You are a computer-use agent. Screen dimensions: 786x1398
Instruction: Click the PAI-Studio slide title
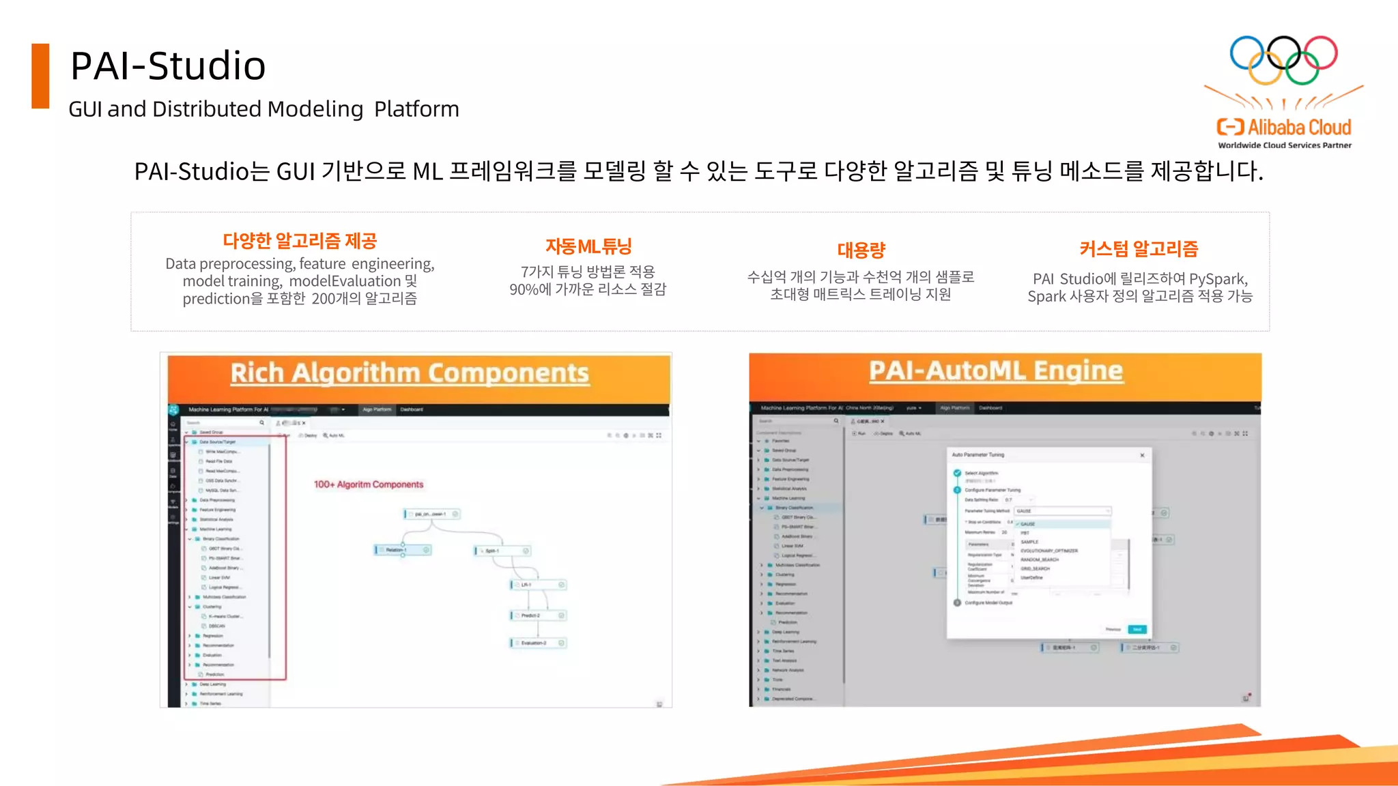point(168,66)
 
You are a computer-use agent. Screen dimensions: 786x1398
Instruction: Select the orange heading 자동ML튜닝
point(588,246)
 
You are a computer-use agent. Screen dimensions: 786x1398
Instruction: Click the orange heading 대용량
point(861,250)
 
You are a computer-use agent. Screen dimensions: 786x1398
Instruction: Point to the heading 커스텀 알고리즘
point(1139,249)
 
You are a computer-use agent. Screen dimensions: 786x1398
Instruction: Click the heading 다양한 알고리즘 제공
point(300,241)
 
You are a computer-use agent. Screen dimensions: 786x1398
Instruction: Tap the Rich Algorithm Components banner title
point(410,373)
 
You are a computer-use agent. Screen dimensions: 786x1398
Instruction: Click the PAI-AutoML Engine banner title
point(995,370)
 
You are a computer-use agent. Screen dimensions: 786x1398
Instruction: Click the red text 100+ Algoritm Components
point(369,484)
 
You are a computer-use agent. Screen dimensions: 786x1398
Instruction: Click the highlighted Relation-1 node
point(403,550)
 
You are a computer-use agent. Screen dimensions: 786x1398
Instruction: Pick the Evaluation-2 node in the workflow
point(538,643)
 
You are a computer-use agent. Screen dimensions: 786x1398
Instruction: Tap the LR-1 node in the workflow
point(538,585)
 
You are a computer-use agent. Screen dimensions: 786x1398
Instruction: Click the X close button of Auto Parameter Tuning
point(1142,455)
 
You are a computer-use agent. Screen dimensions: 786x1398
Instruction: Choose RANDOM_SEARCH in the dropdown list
point(1039,559)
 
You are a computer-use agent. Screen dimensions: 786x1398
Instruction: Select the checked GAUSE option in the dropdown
point(1028,524)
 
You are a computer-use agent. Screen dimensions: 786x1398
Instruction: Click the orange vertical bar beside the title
point(40,76)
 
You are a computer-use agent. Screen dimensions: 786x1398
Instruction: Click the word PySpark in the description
point(1217,279)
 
